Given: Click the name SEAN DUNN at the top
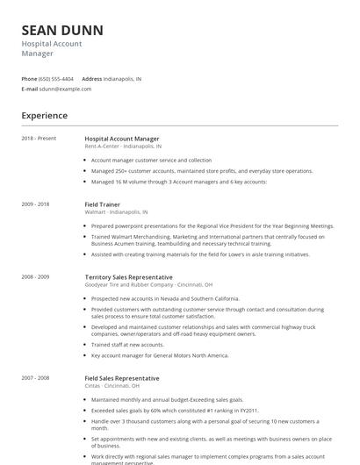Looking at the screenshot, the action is (62, 30).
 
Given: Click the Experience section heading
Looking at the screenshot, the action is (45, 116).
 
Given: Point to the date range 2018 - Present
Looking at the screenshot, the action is (39, 138).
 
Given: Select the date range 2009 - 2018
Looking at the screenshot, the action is (36, 204).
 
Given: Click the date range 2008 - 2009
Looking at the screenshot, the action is (36, 277).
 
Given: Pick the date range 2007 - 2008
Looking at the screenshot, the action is (36, 378).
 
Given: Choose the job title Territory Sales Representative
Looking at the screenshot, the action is (128, 277).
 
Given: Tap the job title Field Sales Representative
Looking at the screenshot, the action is (122, 378).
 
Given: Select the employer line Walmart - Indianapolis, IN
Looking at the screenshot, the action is (116, 211).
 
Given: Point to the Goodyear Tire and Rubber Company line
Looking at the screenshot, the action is (148, 285).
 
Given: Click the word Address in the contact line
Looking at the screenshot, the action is (92, 79).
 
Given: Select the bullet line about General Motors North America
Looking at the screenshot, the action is (160, 355).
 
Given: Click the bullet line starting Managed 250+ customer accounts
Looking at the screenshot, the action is (202, 171).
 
